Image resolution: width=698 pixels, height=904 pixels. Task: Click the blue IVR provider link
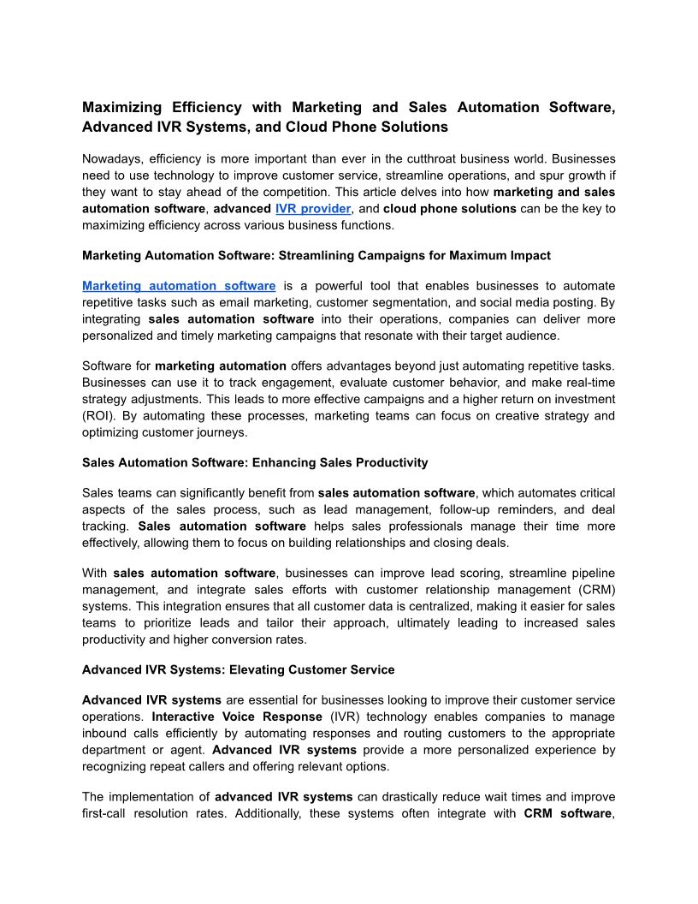(x=313, y=209)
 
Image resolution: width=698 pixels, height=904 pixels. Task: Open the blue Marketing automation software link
(x=179, y=286)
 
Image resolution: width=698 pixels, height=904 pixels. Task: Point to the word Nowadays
(x=111, y=159)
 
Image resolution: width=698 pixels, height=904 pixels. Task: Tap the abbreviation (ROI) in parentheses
(x=98, y=416)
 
